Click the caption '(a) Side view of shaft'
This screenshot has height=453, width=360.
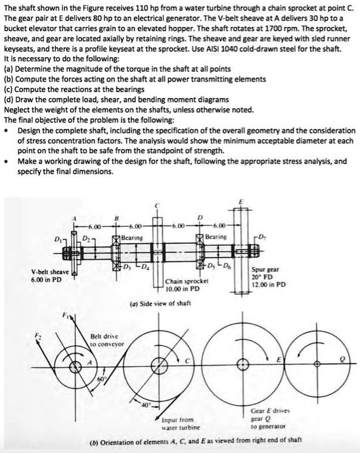(x=166, y=303)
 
